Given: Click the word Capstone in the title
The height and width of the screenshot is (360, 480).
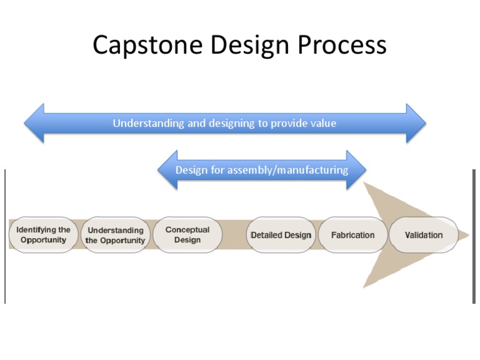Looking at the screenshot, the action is click(147, 45).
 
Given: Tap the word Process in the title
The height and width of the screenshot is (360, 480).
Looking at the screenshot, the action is click(342, 45).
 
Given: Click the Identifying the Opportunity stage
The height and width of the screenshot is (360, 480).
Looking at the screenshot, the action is click(43, 235).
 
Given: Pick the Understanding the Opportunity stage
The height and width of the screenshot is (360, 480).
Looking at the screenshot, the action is click(116, 235).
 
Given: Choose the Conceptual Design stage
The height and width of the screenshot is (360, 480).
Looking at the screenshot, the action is click(187, 235).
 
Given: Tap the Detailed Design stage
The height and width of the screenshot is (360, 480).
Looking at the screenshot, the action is click(281, 235).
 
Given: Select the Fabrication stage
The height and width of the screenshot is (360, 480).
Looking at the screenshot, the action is click(352, 235).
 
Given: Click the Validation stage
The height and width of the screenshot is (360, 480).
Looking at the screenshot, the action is click(424, 235).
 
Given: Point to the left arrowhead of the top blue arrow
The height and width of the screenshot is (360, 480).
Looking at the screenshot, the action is click(34, 123).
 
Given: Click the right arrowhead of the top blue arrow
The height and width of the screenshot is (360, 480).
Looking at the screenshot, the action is click(416, 123).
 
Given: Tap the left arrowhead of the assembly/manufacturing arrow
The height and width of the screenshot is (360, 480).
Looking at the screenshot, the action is click(167, 169).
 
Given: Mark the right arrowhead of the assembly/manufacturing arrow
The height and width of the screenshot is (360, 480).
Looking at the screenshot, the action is click(356, 169).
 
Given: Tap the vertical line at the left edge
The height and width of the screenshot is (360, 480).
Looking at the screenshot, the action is click(5, 236).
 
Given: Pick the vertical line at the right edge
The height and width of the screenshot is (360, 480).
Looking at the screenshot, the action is click(474, 236).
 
